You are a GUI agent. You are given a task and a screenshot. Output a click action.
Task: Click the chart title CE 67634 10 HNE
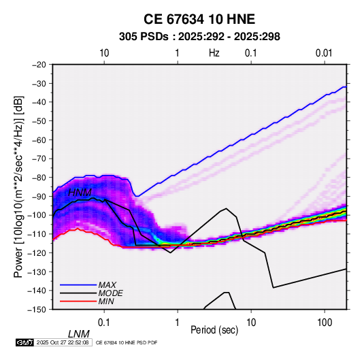pyautogui.click(x=199, y=19)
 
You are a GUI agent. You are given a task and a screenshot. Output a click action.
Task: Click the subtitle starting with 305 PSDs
pyautogui.click(x=199, y=37)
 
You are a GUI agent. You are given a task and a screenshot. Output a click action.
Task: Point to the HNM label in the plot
pyautogui.click(x=80, y=193)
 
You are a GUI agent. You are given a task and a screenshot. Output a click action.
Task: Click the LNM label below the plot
pyautogui.click(x=79, y=334)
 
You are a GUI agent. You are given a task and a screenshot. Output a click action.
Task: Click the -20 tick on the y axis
pyautogui.click(x=39, y=65)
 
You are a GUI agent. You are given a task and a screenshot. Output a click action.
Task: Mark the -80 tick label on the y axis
pyautogui.click(x=39, y=178)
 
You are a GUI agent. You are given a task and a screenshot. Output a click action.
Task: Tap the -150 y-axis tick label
pyautogui.click(x=37, y=310)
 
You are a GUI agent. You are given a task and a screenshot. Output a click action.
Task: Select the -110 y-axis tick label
pyautogui.click(x=37, y=234)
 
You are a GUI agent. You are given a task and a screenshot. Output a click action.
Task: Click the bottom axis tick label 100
pyautogui.click(x=325, y=323)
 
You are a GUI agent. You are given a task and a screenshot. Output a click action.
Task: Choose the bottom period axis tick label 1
pyautogui.click(x=178, y=323)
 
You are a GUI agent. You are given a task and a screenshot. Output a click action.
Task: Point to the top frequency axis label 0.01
pyautogui.click(x=324, y=53)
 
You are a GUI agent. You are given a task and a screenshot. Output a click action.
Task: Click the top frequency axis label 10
pyautogui.click(x=104, y=53)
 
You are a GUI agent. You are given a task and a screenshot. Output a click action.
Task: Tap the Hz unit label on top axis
pyautogui.click(x=214, y=53)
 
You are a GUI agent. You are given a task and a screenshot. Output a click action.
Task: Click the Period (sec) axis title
pyautogui.click(x=214, y=330)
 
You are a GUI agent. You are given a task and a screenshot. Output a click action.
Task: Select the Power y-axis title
pyautogui.click(x=18, y=187)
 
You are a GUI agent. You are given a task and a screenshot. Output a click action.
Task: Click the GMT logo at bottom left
pyautogui.click(x=25, y=342)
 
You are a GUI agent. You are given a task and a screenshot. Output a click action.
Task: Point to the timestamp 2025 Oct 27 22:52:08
pyautogui.click(x=63, y=342)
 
